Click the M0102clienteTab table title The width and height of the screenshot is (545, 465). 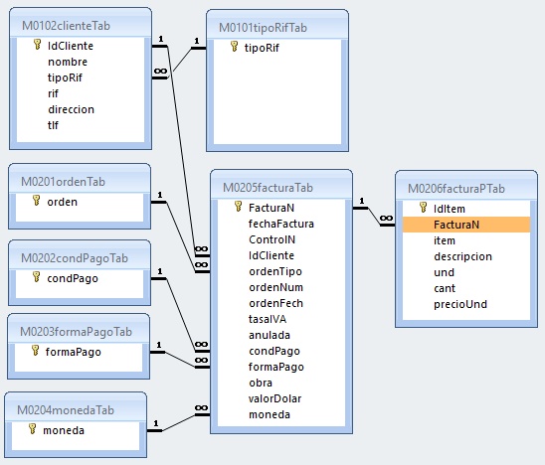pos(66,26)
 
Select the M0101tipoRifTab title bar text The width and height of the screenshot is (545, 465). pos(263,28)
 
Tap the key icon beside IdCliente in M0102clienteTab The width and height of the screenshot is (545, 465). pos(37,45)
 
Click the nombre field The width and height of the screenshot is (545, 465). pos(68,62)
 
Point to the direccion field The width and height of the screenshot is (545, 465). pos(71,109)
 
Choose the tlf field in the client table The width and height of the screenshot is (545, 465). pos(53,125)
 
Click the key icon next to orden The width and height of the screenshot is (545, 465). pos(36,201)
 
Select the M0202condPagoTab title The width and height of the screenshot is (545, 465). pos(75,258)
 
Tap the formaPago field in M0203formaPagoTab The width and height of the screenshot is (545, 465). pos(73,352)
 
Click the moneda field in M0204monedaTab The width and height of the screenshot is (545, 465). pos(64,430)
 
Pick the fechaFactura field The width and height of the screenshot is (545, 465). pos(280,224)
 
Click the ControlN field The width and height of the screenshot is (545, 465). pos(272,239)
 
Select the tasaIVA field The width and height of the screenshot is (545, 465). pos(268,319)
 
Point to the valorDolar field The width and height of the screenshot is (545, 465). pos(274,398)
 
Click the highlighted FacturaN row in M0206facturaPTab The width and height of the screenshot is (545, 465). pos(466,225)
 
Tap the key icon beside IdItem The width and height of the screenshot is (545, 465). pos(423,208)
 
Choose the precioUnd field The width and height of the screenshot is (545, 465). pos(460,304)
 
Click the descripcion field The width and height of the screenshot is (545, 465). pos(462,256)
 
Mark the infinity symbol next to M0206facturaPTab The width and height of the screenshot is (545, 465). pos(386,218)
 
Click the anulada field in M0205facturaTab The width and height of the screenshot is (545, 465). pos(270,335)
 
